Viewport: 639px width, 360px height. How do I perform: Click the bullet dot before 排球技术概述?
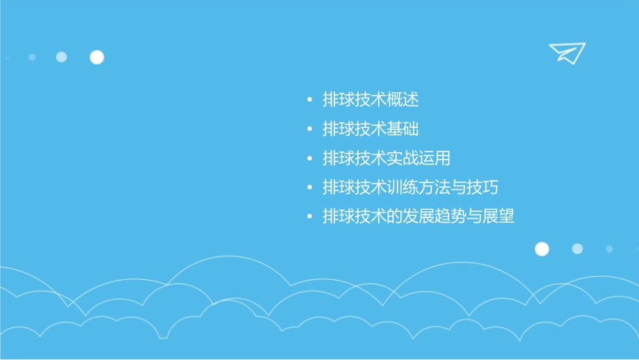[x=309, y=101]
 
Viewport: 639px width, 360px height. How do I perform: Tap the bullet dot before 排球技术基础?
[x=309, y=130]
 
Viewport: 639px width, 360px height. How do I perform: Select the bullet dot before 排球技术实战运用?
[x=309, y=159]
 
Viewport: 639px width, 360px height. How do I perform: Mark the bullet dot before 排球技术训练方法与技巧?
[x=309, y=188]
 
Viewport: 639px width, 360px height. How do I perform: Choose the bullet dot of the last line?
[x=309, y=217]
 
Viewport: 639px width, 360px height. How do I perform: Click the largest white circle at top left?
[x=97, y=57]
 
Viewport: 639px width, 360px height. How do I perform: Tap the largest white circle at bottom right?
[x=541, y=249]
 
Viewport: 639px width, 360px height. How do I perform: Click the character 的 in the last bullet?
[x=395, y=217]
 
